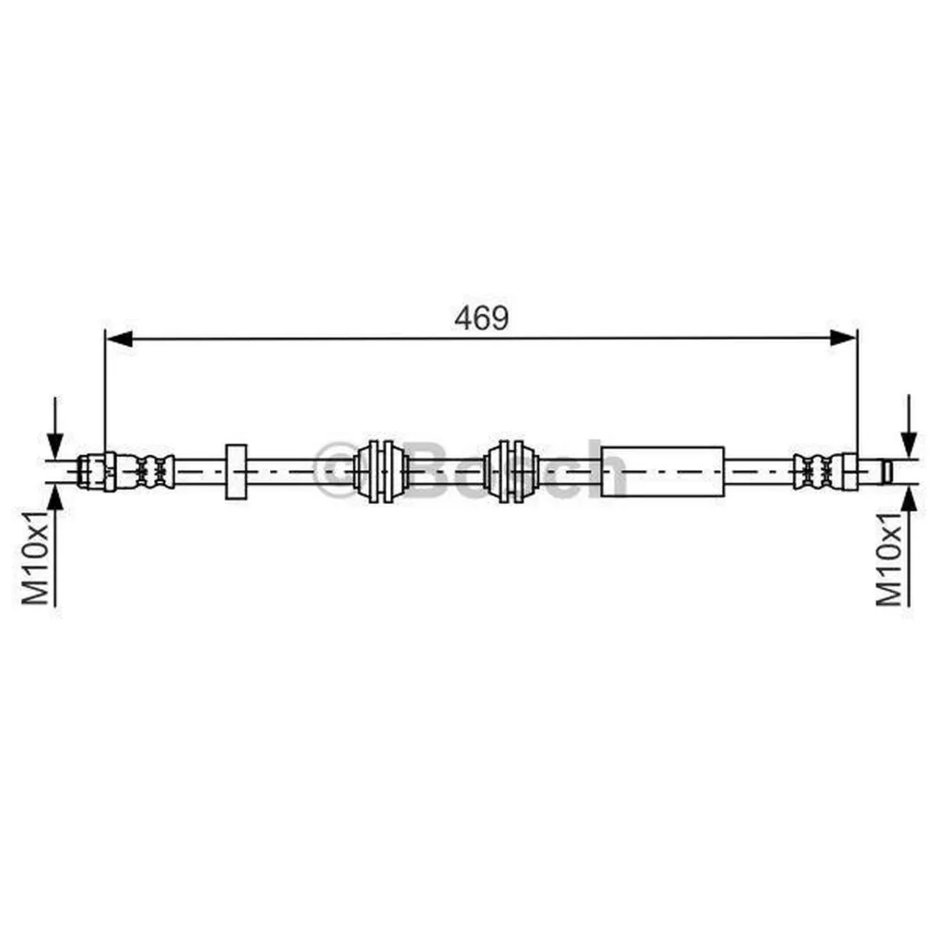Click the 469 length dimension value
pyautogui.click(x=481, y=318)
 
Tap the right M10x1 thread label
pyautogui.click(x=889, y=557)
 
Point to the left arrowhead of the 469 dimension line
pyautogui.click(x=118, y=339)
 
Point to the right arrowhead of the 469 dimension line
pyautogui.click(x=843, y=339)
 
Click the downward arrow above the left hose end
pyautogui.click(x=55, y=429)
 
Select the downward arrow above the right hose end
pyautogui.click(x=909, y=427)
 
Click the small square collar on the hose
pyautogui.click(x=235, y=472)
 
